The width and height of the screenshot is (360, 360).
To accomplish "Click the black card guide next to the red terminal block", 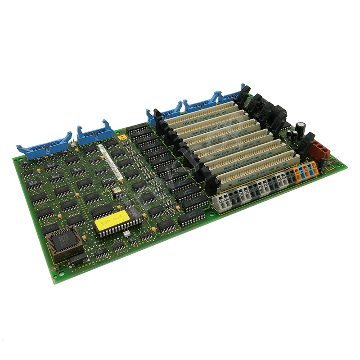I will (306, 144).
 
